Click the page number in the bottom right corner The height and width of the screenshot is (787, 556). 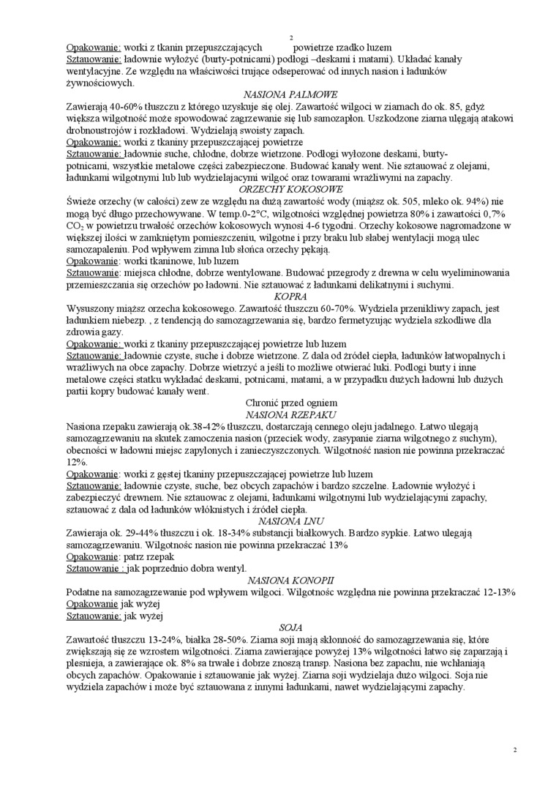[514, 750]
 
